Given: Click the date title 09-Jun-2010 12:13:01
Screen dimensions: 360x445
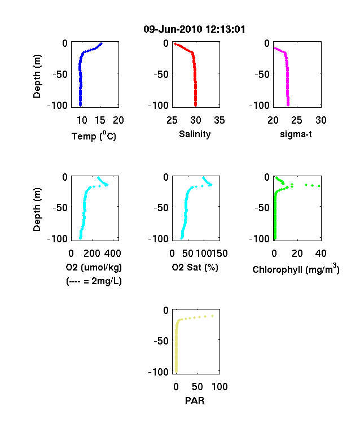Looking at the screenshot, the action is (194, 29).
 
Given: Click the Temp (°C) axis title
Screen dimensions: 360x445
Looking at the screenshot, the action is (94, 136).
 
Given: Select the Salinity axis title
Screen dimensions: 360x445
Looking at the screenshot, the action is (195, 134).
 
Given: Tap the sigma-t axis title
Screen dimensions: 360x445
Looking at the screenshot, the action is (296, 134).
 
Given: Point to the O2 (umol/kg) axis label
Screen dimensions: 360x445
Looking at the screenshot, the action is (94, 267).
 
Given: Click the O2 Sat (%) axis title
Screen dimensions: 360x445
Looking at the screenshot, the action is (195, 267).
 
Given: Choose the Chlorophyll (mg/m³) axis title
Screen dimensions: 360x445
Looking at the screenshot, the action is (296, 268).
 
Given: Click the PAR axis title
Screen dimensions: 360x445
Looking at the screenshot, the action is (195, 400).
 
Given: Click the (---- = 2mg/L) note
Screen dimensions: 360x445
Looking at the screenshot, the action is (94, 281).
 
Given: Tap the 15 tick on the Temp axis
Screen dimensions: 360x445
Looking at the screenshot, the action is (100, 120).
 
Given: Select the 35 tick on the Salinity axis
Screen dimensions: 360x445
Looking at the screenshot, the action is (219, 120).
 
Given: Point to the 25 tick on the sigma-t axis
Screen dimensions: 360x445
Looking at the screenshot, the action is (296, 120).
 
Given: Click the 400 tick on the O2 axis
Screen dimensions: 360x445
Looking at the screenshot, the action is (112, 254).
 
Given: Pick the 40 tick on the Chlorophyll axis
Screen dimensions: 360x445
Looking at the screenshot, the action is (321, 254).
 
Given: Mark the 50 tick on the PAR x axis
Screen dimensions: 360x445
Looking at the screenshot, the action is (197, 386).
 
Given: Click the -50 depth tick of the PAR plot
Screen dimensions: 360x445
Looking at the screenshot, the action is (161, 341).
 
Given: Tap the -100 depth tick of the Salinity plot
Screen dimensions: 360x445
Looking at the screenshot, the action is (159, 105).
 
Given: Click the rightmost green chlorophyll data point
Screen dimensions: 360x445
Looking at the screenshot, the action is (319, 186).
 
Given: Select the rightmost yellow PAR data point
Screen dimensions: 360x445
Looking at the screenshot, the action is (212, 316).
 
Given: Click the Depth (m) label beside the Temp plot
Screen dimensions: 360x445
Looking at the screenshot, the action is (37, 76).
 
